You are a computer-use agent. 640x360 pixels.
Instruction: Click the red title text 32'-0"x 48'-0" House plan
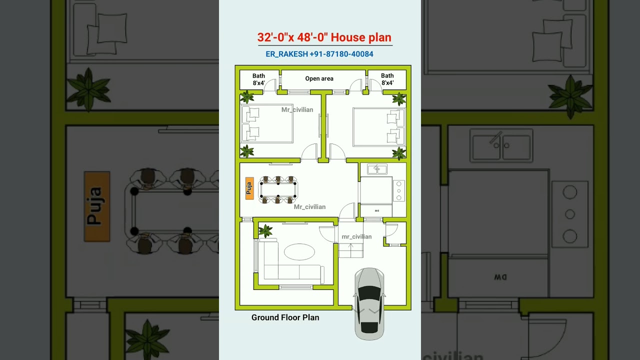tap(324, 37)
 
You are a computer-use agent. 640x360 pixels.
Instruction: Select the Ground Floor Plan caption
tap(285, 317)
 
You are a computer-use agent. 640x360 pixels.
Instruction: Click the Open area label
tap(319, 78)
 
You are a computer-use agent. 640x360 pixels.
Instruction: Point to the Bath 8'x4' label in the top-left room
tap(258, 79)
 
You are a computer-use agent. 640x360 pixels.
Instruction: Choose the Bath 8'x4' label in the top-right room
tap(387, 79)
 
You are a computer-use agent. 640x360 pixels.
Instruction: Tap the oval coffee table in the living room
tap(299, 251)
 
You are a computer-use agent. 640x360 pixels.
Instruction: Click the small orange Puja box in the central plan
tap(249, 188)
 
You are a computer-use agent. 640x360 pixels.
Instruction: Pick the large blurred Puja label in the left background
tap(96, 206)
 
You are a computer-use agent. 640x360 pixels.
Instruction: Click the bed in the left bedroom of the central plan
tap(267, 124)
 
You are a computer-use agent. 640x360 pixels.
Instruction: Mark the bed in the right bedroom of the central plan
tap(378, 126)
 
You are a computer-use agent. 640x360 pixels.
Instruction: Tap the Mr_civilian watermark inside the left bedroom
tap(297, 110)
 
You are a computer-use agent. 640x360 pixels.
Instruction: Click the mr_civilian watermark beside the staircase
tap(356, 236)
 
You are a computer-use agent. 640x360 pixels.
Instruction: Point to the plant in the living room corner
tap(265, 230)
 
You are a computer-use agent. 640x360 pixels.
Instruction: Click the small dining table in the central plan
tap(277, 189)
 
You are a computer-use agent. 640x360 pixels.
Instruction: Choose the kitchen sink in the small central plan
tap(377, 169)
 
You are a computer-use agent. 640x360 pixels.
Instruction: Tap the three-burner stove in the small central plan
tap(399, 190)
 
